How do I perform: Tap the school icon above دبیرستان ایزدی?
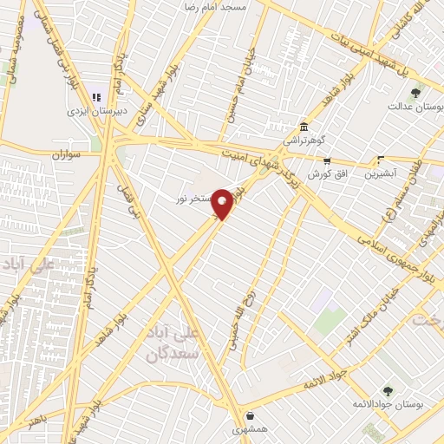[x=97, y=97]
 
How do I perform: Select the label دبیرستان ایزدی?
[x=98, y=111]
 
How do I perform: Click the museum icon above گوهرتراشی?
[x=304, y=127]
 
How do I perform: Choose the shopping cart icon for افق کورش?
[x=327, y=160]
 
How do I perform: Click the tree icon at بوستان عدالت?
[x=416, y=93]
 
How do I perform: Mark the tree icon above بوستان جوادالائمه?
[x=387, y=391]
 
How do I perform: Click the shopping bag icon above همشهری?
[x=250, y=416]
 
